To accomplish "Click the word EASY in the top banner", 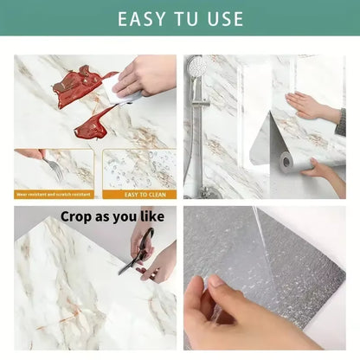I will pyautogui.click(x=144, y=19).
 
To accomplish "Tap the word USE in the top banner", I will pyautogui.click(x=222, y=19).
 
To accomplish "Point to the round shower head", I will pyautogui.click(x=197, y=67).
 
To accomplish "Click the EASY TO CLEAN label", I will pyautogui.click(x=138, y=194).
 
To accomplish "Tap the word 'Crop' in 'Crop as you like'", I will pyautogui.click(x=77, y=216).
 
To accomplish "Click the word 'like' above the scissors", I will pyautogui.click(x=157, y=216).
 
